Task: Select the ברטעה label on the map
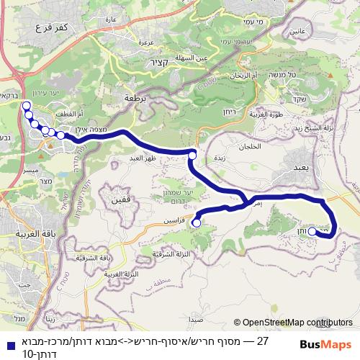point(136,97)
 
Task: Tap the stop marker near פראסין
point(197,224)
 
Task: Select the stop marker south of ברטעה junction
point(192,155)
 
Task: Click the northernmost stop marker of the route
point(27,106)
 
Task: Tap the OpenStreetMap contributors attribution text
point(297,322)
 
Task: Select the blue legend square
point(6,343)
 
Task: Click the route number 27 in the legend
point(262,341)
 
